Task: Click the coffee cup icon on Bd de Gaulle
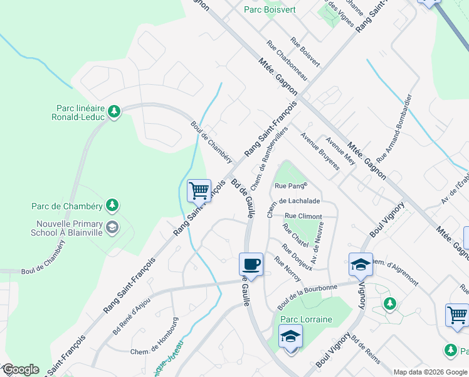click(251, 264)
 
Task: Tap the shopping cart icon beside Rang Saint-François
click(199, 189)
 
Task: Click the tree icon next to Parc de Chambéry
click(112, 205)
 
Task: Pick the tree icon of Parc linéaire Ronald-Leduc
click(113, 112)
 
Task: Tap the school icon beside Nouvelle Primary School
click(112, 227)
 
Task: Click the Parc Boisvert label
click(270, 9)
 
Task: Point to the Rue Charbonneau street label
click(287, 60)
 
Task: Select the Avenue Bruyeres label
click(319, 151)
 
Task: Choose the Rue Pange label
click(290, 186)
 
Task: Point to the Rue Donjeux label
click(297, 257)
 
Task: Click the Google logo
click(20, 369)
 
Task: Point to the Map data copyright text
click(429, 372)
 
